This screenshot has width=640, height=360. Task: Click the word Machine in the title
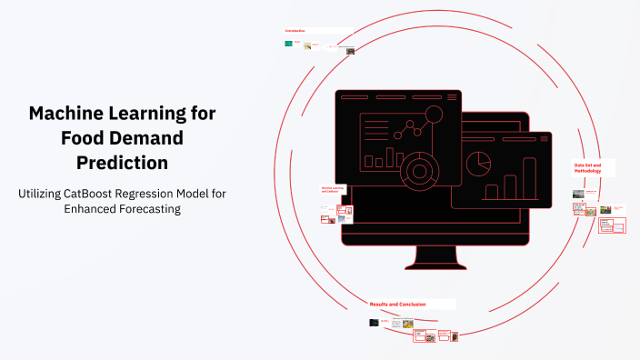coord(65,114)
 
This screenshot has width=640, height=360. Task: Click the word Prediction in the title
coord(122,163)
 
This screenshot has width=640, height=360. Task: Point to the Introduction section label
coord(295,31)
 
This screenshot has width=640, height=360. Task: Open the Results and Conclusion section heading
coord(397,304)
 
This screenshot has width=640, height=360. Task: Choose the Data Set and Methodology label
coord(592,168)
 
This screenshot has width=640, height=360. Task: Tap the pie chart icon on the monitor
coord(478,164)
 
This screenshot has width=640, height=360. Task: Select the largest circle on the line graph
coord(434,115)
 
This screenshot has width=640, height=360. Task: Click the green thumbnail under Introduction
coord(289,43)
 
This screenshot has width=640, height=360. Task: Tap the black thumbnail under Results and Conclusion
coord(374,322)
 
